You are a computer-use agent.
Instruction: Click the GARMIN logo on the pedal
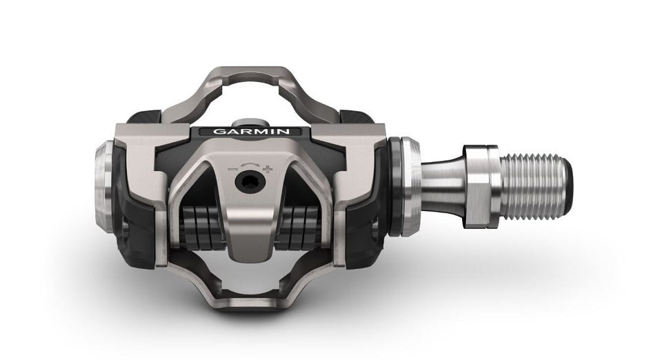(251, 131)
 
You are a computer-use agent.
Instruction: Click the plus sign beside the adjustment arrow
(268, 169)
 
